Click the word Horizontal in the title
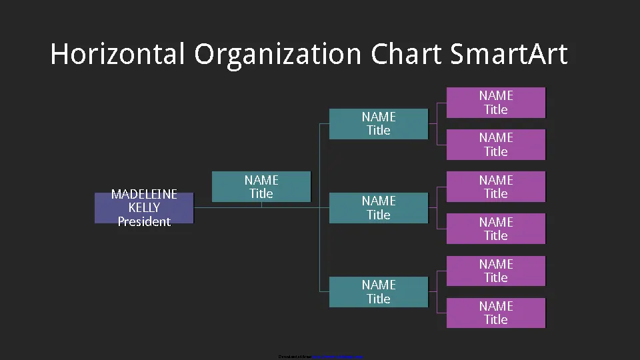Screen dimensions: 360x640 [x=117, y=54]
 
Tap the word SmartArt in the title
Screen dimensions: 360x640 [x=508, y=54]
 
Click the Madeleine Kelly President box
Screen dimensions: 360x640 [x=144, y=208]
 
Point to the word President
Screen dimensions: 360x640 [x=144, y=222]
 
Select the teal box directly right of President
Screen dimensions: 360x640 [x=261, y=187]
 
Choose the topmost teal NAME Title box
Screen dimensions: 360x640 [x=379, y=124]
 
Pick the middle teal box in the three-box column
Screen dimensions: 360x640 [x=379, y=208]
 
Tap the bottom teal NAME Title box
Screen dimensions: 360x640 [x=379, y=292]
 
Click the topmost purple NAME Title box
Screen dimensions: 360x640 [x=496, y=103]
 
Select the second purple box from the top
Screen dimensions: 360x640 [x=496, y=145]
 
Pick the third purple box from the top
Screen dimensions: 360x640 [x=496, y=187]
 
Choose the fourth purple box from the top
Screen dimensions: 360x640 [x=496, y=229]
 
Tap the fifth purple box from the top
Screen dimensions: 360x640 [x=496, y=271]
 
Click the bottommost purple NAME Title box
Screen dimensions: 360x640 [x=496, y=313]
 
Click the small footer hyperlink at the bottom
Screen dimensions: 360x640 [x=337, y=357]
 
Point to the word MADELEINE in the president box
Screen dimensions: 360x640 [x=144, y=194]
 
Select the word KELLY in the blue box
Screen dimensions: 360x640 [x=144, y=208]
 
